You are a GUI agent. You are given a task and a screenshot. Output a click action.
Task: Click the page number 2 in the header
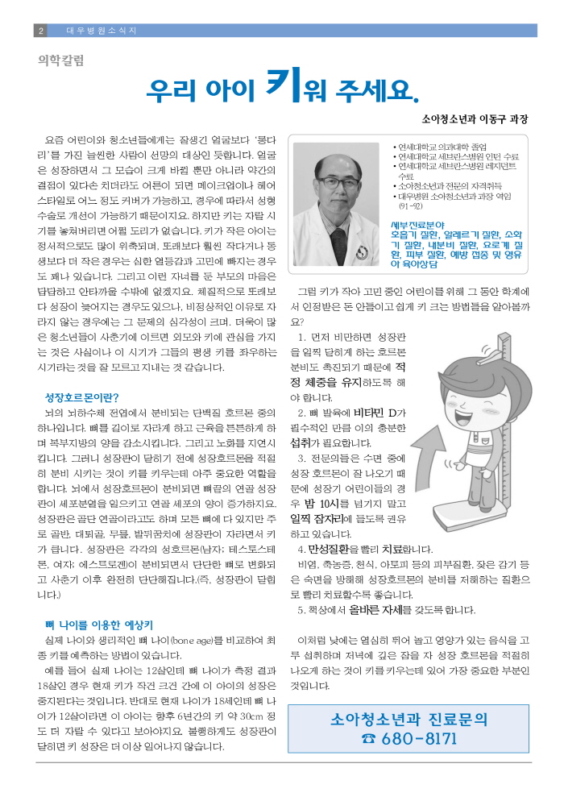(x=40, y=31)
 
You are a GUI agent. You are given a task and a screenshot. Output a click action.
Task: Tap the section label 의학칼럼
(x=61, y=59)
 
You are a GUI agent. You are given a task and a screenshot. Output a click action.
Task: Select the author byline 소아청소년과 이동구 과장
(x=475, y=118)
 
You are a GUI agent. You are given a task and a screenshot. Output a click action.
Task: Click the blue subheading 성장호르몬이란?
(x=82, y=397)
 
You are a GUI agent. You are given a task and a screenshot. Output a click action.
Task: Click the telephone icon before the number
(x=369, y=738)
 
